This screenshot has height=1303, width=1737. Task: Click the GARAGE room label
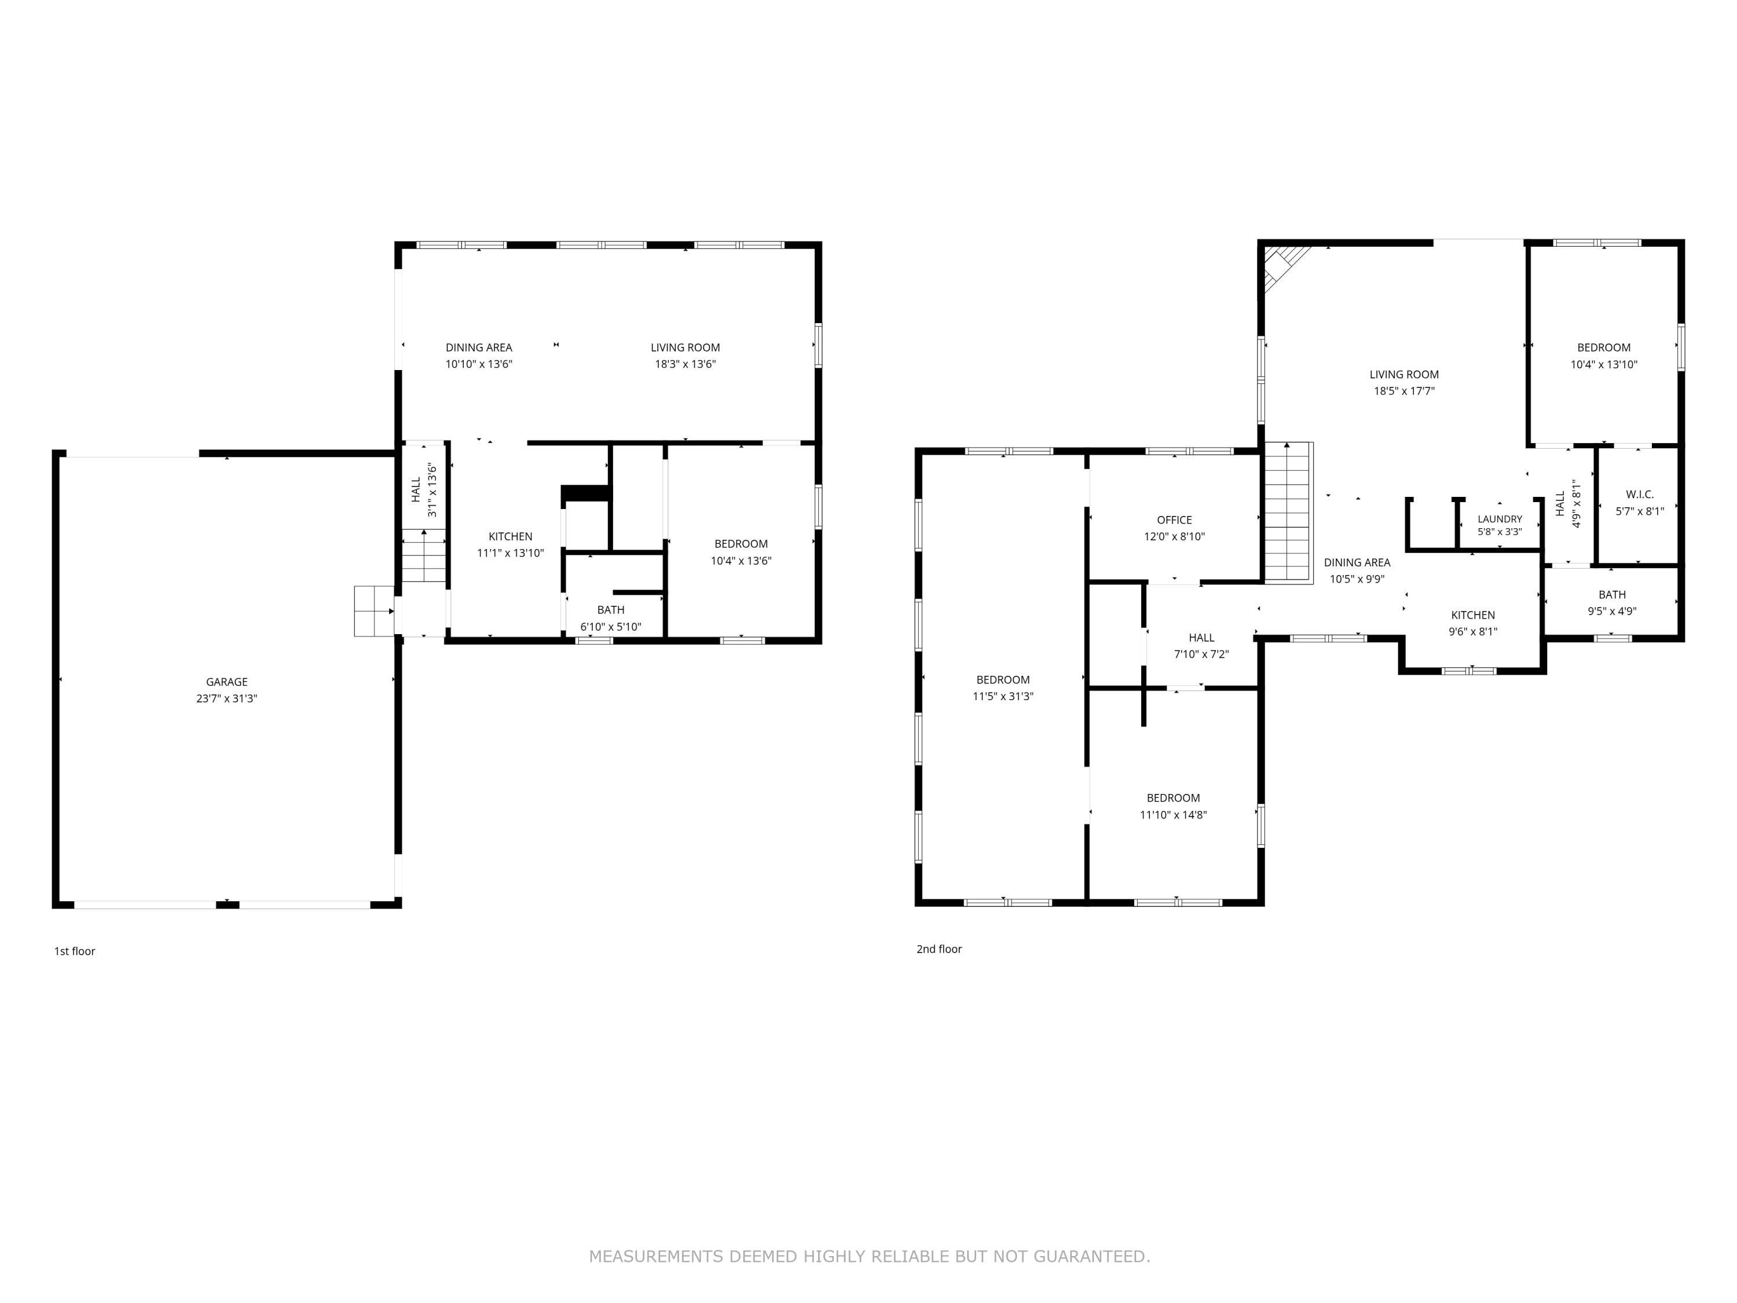[x=227, y=682]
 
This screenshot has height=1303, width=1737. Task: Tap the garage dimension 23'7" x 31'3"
[x=227, y=698]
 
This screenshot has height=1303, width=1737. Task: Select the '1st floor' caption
[x=75, y=951]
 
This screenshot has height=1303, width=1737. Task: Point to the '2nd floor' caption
[x=939, y=949]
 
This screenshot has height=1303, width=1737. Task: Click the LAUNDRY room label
[x=1500, y=519]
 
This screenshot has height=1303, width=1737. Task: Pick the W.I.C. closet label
[x=1640, y=494]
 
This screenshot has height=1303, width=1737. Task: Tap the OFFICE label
[x=1174, y=520]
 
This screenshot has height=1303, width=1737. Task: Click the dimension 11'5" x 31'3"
[x=1003, y=696]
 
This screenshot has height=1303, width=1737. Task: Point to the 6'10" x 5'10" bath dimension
[x=611, y=627]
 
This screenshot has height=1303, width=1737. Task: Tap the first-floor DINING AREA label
[x=479, y=347]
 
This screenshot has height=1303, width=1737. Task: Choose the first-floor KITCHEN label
[x=511, y=536]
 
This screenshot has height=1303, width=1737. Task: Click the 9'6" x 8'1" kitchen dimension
[x=1473, y=631]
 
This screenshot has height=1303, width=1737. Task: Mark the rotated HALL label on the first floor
[x=416, y=489]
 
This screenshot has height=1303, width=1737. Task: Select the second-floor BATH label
[x=1612, y=595]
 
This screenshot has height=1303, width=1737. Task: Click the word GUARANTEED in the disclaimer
[x=1091, y=1257]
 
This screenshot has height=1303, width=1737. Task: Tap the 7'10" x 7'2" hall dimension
[x=1201, y=654]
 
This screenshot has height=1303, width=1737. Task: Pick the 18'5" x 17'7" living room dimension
[x=1404, y=391]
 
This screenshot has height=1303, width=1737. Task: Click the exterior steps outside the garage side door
[x=374, y=611]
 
